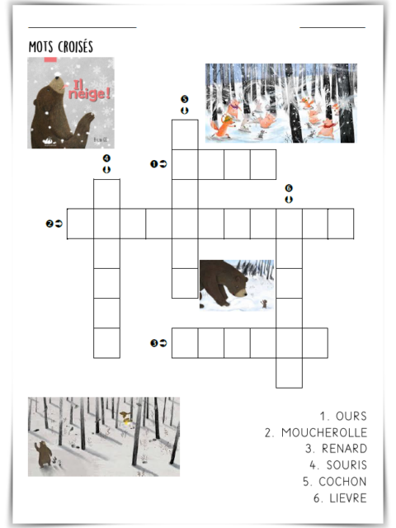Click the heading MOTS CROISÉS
(60, 46)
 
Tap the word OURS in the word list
(351, 416)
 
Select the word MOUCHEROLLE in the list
(324, 432)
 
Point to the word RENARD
(344, 449)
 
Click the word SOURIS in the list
(346, 465)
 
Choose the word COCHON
(342, 482)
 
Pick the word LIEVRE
(348, 498)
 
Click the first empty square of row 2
(81, 224)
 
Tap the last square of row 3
(315, 343)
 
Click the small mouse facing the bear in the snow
(264, 304)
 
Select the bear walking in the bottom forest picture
(43, 454)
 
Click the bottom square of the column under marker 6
(289, 373)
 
